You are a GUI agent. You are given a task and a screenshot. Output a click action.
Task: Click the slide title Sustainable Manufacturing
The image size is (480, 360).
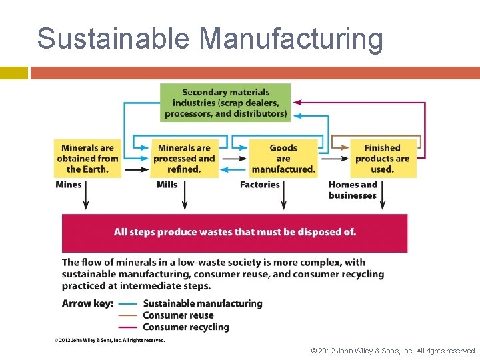point(210,39)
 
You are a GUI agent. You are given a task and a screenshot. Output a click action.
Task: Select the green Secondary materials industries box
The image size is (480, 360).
point(225,103)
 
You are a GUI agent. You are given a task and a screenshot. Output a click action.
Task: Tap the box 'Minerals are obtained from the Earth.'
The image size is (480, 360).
point(88,159)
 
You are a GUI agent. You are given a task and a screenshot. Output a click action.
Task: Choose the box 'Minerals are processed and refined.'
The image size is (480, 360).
point(184,159)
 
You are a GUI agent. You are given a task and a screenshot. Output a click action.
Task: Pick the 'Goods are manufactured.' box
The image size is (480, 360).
point(283,159)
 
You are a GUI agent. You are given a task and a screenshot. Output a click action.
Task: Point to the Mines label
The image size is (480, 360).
point(69,185)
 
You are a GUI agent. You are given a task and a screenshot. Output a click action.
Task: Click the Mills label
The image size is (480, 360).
point(167,185)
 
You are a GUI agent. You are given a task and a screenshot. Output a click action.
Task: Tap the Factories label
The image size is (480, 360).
point(259,185)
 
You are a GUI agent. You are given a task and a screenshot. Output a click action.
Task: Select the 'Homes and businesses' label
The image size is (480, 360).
point(353,190)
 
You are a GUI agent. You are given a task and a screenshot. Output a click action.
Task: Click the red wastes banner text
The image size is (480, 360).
point(235,232)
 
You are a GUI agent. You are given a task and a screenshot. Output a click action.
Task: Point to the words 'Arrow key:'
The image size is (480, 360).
point(87,303)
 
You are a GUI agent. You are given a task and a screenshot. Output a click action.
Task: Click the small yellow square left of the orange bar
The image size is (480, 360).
point(13,73)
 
